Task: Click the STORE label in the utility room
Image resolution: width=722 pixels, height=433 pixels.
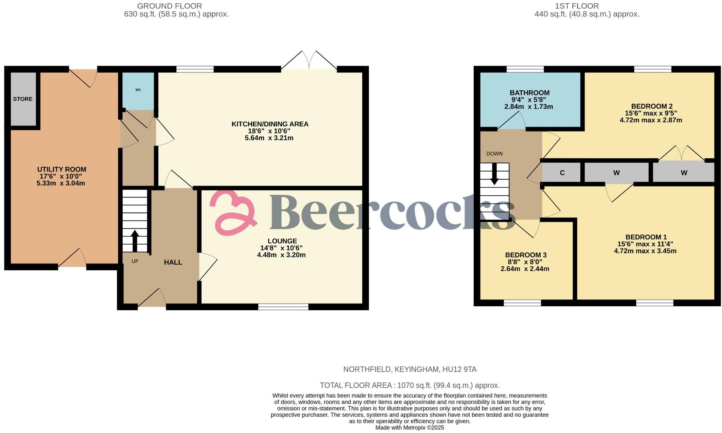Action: (x=22, y=99)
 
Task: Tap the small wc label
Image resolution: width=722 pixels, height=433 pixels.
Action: (x=138, y=90)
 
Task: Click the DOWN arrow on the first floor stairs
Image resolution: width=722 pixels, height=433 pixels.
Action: (x=494, y=174)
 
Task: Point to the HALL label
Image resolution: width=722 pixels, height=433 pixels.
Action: (x=173, y=262)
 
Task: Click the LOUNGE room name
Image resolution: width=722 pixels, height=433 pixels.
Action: (x=282, y=241)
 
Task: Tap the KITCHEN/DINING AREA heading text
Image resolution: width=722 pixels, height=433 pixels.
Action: (x=270, y=124)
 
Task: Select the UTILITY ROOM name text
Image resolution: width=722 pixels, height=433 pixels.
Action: (x=61, y=170)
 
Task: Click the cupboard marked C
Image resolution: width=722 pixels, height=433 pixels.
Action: (x=562, y=173)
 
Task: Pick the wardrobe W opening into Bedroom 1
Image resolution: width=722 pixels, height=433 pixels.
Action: (x=616, y=173)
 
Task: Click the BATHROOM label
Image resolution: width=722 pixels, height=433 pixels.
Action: (x=529, y=93)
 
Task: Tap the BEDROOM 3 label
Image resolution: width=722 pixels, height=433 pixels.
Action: (x=525, y=255)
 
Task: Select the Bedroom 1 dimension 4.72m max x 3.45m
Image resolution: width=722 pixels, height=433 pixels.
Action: (x=645, y=251)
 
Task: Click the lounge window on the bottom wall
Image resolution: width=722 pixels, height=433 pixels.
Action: (x=283, y=307)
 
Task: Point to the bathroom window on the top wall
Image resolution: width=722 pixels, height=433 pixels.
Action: (x=525, y=69)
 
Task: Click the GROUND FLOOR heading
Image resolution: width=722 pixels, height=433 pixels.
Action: (x=169, y=6)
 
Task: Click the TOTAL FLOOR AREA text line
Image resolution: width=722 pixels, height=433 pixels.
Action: (x=410, y=385)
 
